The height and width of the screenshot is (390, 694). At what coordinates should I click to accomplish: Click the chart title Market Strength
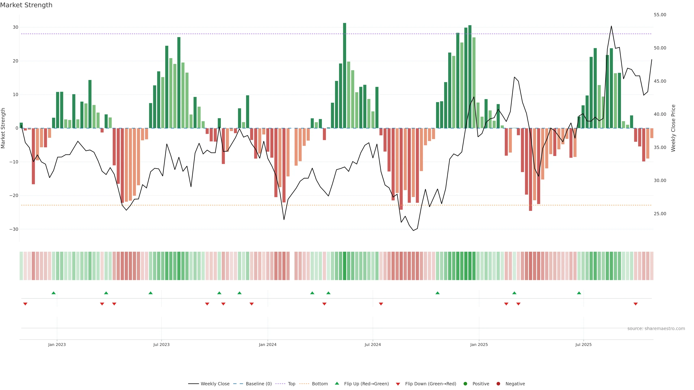pyautogui.click(x=26, y=5)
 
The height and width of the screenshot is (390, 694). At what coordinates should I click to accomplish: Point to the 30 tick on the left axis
pyautogui.click(x=15, y=27)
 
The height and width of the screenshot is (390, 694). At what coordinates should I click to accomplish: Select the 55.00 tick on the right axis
pyautogui.click(x=660, y=15)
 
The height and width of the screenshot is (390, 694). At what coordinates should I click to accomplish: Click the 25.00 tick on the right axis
pyautogui.click(x=660, y=214)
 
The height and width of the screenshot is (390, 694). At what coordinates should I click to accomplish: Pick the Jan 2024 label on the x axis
pyautogui.click(x=267, y=344)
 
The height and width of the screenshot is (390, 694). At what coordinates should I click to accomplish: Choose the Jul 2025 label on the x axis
pyautogui.click(x=583, y=344)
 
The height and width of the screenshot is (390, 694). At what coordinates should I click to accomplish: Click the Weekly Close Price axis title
pyautogui.click(x=673, y=128)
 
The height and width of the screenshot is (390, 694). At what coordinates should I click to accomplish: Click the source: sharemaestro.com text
pyautogui.click(x=656, y=329)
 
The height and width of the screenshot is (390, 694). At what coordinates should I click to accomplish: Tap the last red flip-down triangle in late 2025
pyautogui.click(x=636, y=304)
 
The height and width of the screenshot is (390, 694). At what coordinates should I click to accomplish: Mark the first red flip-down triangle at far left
pyautogui.click(x=25, y=304)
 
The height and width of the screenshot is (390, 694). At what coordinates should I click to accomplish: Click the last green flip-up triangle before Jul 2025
pyautogui.click(x=579, y=293)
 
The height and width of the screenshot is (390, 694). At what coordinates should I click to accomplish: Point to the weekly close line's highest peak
pyautogui.click(x=611, y=26)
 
